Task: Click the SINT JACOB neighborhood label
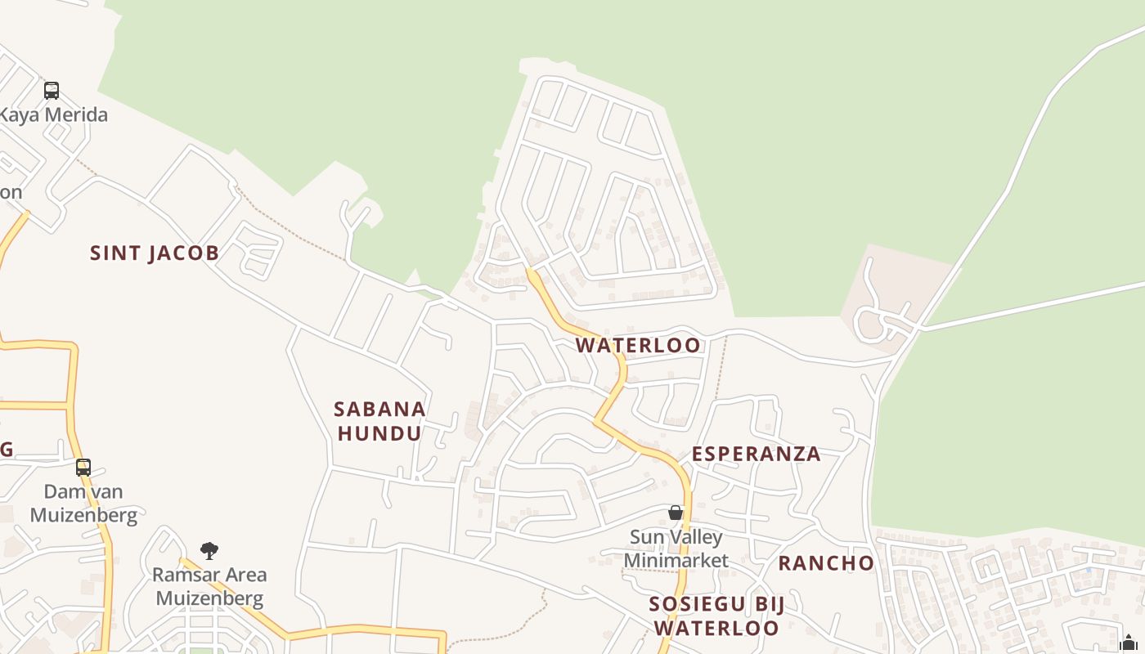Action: [155, 253]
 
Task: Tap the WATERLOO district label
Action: [638, 345]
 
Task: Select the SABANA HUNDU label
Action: [379, 420]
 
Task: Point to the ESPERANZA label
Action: [756, 454]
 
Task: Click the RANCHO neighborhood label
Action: [825, 562]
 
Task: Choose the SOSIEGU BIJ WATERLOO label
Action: [716, 616]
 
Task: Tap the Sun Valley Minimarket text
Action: [676, 549]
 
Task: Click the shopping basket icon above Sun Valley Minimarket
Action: [676, 513]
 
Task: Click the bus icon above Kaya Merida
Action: [52, 90]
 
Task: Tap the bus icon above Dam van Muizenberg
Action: [83, 468]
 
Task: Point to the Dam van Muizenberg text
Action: [83, 503]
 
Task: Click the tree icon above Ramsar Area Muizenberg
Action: [209, 550]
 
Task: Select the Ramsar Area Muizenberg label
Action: [209, 586]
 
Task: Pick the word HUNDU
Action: [379, 433]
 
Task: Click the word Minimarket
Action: [676, 560]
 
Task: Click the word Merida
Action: [74, 114]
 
